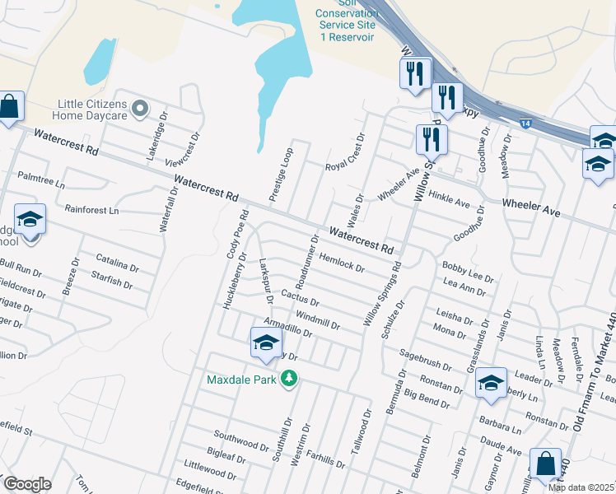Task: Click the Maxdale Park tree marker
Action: [288, 379]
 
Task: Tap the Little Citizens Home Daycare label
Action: [93, 110]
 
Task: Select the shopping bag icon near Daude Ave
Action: [545, 464]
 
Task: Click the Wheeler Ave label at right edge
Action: [531, 207]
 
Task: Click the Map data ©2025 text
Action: [581, 487]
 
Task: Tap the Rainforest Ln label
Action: [91, 211]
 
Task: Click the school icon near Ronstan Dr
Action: [491, 383]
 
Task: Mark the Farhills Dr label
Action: [324, 459]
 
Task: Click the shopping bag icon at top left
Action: [9, 107]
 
